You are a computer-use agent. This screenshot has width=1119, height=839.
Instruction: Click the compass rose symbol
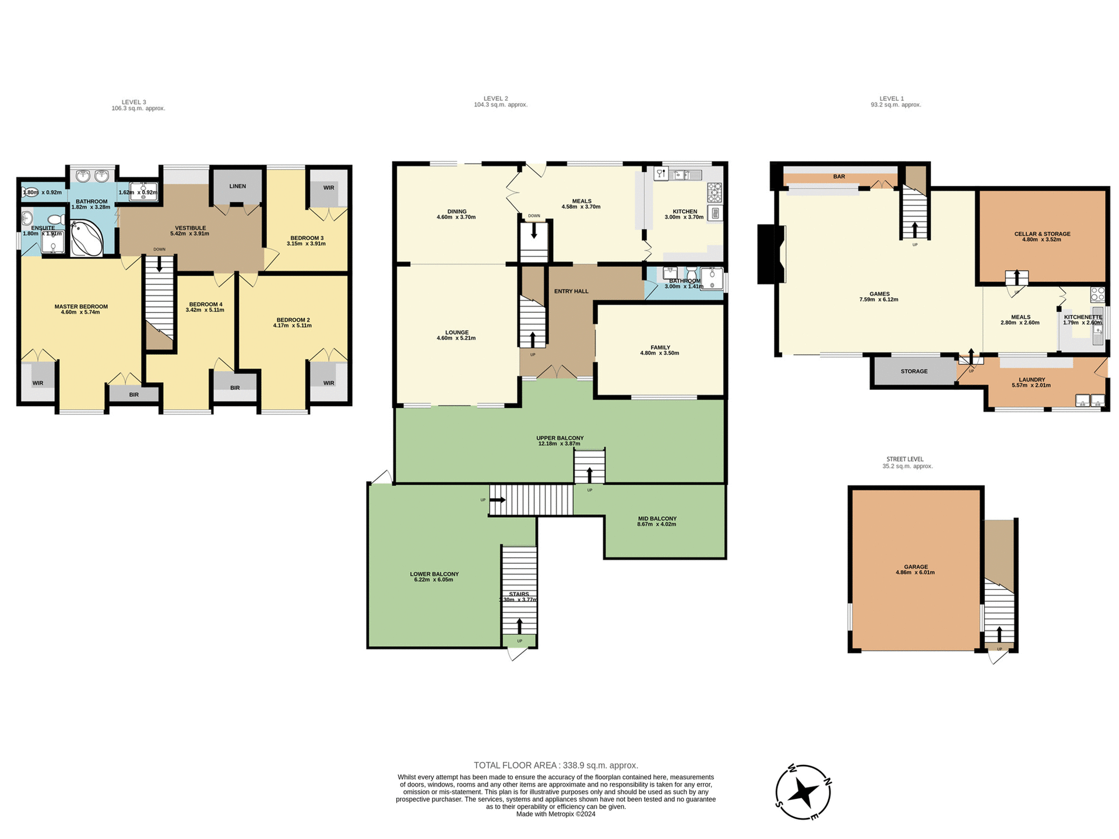803,792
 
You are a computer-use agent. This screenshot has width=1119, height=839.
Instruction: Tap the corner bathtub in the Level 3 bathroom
86,238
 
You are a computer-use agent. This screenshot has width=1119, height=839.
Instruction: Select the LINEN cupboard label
237,186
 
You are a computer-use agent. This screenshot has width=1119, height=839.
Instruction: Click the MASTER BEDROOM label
81,306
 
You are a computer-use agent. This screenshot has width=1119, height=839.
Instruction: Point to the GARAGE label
916,566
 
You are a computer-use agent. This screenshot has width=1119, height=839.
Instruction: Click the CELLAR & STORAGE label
1042,234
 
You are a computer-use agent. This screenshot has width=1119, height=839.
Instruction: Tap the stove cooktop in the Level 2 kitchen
714,192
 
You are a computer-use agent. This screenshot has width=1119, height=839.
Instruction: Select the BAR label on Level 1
839,177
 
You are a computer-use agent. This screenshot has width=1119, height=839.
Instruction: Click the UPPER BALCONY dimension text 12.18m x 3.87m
559,444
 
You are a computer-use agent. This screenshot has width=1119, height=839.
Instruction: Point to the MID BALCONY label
657,519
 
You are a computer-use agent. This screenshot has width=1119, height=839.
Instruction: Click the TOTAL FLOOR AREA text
555,765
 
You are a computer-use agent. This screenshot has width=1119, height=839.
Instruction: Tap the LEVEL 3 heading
134,102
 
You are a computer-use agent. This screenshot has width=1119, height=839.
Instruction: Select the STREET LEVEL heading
905,459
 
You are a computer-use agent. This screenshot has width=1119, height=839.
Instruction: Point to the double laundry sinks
1089,401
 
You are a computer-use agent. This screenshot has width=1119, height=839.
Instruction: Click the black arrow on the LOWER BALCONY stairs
519,626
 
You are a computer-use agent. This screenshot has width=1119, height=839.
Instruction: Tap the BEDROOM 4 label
205,304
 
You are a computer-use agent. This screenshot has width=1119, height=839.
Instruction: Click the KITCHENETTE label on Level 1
1083,317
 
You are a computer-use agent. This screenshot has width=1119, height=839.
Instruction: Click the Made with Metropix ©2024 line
555,814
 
